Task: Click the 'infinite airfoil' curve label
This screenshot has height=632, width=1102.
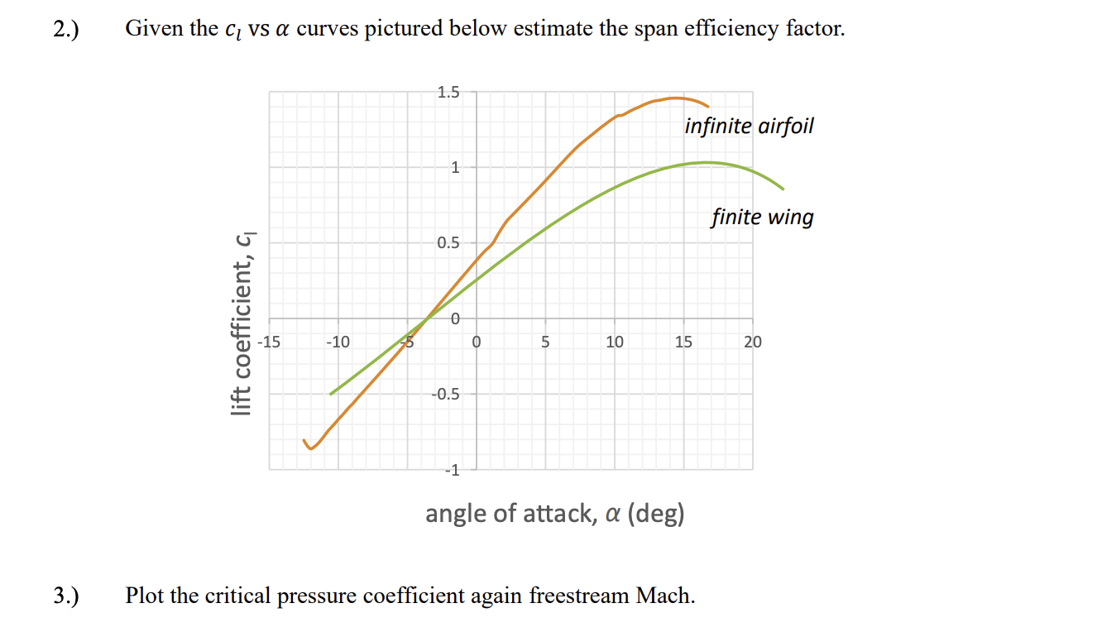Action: point(749,127)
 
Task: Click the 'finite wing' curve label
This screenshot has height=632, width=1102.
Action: point(762,218)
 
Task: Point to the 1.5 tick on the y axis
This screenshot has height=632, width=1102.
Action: point(448,92)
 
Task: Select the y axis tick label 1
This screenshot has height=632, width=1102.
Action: point(454,167)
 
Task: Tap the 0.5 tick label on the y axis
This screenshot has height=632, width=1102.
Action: point(448,243)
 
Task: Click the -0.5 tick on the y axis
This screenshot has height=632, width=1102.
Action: point(445,395)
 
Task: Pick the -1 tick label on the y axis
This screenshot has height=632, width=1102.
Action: point(451,471)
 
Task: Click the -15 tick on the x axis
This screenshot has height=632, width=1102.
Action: point(269,341)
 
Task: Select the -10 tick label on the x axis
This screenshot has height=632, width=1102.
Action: point(338,341)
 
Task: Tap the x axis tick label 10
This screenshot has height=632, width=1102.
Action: point(614,341)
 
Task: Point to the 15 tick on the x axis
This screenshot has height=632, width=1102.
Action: point(683,341)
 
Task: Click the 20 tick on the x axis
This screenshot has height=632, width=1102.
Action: point(752,341)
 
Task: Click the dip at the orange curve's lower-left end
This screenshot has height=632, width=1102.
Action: point(311,449)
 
